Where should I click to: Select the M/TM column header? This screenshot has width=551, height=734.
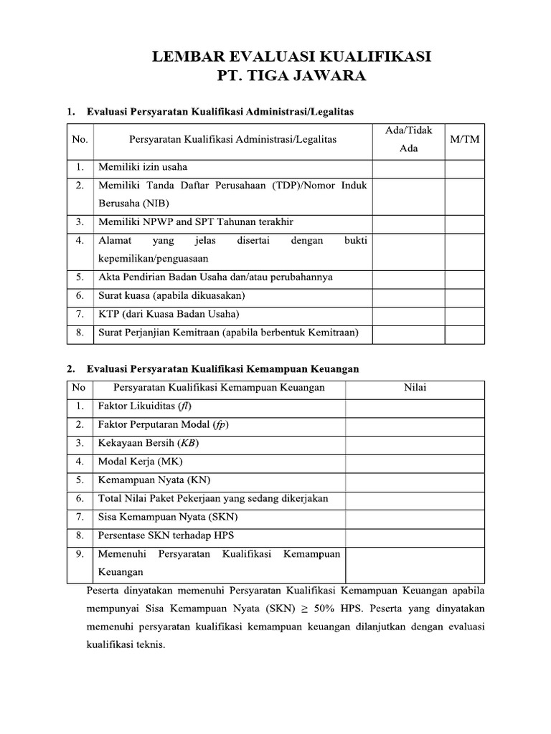[464, 140]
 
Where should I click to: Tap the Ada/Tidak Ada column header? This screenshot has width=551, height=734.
[408, 140]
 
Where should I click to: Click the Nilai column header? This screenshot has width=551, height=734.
[415, 388]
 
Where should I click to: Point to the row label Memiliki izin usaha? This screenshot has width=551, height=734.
[142, 167]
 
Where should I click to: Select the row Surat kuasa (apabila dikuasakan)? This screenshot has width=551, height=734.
[172, 295]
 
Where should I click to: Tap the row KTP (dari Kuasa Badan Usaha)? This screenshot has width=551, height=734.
[168, 313]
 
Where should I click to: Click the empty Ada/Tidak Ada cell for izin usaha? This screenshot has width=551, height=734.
[408, 168]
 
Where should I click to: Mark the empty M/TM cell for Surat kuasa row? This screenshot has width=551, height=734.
[464, 295]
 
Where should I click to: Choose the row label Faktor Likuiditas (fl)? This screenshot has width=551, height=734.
[144, 406]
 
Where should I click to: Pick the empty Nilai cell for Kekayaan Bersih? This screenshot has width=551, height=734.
[415, 443]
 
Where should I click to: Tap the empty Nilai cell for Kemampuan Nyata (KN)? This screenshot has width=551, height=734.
[415, 480]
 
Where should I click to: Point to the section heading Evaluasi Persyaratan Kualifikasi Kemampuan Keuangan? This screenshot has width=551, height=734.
[222, 369]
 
